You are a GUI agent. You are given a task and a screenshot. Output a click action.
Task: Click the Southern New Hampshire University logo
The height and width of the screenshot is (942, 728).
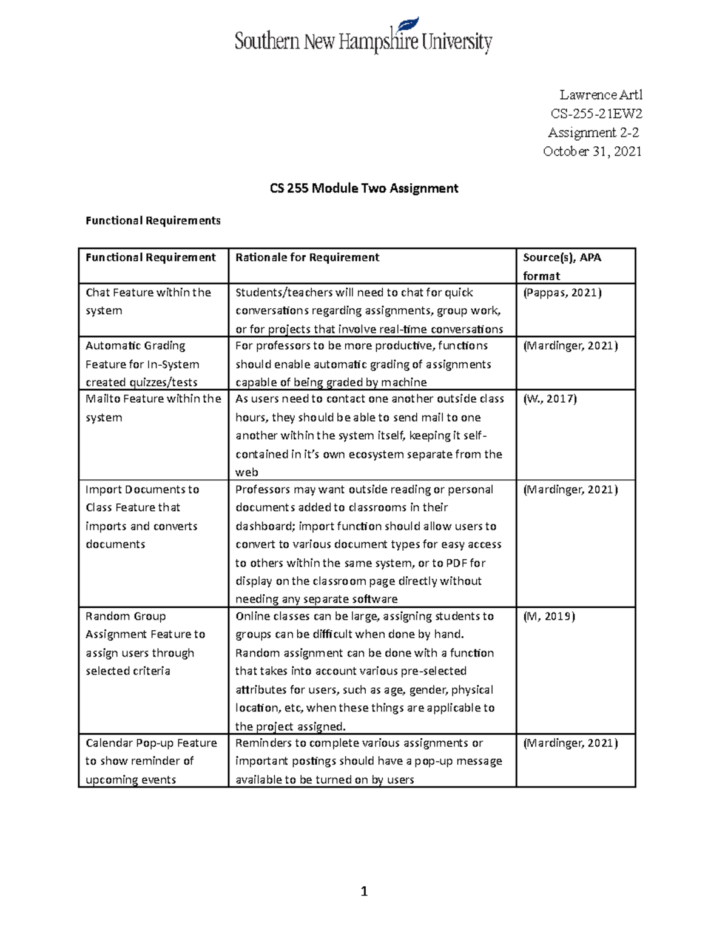pyautogui.click(x=363, y=37)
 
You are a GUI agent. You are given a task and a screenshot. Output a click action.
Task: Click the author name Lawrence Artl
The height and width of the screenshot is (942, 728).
pyautogui.click(x=600, y=95)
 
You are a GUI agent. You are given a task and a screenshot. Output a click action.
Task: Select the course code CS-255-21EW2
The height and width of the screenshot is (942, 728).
pyautogui.click(x=596, y=113)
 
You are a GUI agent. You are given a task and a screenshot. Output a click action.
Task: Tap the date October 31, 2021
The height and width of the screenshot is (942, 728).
pyautogui.click(x=591, y=151)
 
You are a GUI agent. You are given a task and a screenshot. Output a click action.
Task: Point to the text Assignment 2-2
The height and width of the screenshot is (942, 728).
pyautogui.click(x=593, y=132)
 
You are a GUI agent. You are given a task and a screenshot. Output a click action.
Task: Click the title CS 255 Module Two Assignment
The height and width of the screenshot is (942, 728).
pyautogui.click(x=363, y=188)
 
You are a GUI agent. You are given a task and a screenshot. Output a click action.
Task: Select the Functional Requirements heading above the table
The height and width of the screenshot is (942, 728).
pyautogui.click(x=153, y=220)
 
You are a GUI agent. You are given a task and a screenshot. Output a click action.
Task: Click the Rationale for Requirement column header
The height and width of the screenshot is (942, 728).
pyautogui.click(x=307, y=257)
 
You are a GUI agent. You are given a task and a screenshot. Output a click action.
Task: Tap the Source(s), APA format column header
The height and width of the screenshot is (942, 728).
pyautogui.click(x=562, y=266)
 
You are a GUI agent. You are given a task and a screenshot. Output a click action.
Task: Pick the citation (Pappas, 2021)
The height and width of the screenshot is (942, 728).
pyautogui.click(x=562, y=292)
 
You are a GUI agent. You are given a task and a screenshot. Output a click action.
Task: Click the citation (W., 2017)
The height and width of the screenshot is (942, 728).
pyautogui.click(x=550, y=399)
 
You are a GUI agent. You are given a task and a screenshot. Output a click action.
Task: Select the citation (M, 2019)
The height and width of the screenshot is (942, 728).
pyautogui.click(x=548, y=616)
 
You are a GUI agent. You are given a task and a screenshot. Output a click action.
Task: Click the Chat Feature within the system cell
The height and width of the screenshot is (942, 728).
pyautogui.click(x=148, y=301)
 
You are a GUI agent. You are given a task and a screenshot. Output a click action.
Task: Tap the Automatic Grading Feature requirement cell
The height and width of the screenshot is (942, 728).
pyautogui.click(x=143, y=364)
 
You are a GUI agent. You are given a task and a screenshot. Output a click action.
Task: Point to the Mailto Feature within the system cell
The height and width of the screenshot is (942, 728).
pyautogui.click(x=153, y=408)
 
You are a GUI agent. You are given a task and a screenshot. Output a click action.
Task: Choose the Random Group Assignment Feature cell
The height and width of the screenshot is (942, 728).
pyautogui.click(x=145, y=644)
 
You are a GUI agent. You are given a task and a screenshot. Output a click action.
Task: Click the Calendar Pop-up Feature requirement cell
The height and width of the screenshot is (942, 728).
pyautogui.click(x=150, y=761)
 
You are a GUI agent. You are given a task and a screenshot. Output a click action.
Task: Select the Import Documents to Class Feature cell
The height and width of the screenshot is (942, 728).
pyautogui.click(x=142, y=517)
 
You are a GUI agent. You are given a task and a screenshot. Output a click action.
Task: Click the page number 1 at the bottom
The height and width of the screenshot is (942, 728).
pyautogui.click(x=364, y=891)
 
